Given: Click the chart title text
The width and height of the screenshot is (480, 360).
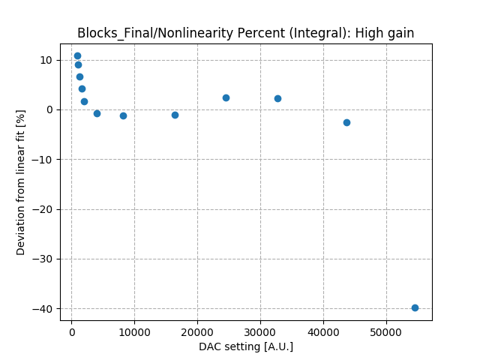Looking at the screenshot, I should click(x=245, y=33).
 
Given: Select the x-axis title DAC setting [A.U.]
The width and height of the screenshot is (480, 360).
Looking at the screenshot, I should click(x=246, y=346).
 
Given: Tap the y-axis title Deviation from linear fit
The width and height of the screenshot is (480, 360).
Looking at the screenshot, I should click(x=21, y=182).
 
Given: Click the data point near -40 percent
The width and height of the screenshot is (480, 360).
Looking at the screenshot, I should click(x=415, y=307).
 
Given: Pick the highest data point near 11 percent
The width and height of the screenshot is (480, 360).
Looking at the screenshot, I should click(x=77, y=55).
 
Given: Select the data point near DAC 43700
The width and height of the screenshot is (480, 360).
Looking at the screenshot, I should click(x=346, y=122).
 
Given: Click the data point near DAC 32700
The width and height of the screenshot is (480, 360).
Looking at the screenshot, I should click(x=277, y=98).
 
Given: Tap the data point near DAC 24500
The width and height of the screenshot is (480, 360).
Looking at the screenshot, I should click(x=226, y=97).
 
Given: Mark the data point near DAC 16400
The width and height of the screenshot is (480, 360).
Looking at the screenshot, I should click(x=175, y=115).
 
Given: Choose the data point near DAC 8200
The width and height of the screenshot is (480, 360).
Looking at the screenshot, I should click(x=123, y=115).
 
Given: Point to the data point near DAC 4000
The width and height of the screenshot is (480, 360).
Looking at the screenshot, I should click(x=97, y=113).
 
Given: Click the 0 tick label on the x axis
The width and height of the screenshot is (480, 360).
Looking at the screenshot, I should click(x=72, y=331).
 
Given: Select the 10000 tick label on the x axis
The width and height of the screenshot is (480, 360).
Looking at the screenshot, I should click(x=134, y=331).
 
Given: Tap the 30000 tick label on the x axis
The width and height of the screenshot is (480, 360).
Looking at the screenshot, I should click(x=260, y=331).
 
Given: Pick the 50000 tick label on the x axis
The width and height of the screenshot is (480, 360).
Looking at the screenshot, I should click(x=386, y=331).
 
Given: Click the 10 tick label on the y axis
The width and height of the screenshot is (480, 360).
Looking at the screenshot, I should click(x=46, y=60).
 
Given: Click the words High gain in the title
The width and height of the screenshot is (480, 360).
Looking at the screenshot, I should click(x=386, y=33).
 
